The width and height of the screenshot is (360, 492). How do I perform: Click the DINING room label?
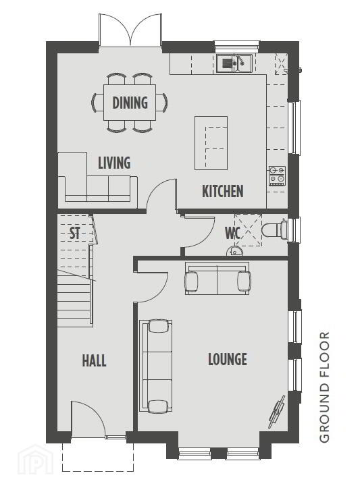coord(130,103)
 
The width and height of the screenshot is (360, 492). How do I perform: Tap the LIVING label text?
coord(114,163)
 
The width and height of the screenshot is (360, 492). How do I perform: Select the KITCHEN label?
coord(222,191)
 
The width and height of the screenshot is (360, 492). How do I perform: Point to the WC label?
coord(233,233)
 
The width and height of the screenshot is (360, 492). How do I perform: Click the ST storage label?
coord(74,233)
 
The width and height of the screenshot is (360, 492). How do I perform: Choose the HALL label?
coord(94,360)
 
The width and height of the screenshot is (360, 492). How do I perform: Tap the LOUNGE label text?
coord(228,359)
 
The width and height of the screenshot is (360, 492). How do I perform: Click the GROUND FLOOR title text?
coord(324,387)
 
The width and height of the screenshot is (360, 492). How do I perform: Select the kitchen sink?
coord(234,63)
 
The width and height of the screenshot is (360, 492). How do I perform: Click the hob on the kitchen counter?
coord(277,175)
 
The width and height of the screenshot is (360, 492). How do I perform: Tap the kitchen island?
coord(211,143)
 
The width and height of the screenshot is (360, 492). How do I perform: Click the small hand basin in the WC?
coord(233,250)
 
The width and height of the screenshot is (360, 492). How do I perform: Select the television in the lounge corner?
coord(276,412)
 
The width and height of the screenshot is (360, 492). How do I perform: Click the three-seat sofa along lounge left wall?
coord(156,366)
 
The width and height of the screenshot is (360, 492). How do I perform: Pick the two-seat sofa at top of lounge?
coord(217,278)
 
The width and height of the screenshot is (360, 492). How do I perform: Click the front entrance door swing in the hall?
coord(86,418)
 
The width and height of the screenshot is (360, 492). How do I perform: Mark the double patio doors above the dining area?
coord(130,31)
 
